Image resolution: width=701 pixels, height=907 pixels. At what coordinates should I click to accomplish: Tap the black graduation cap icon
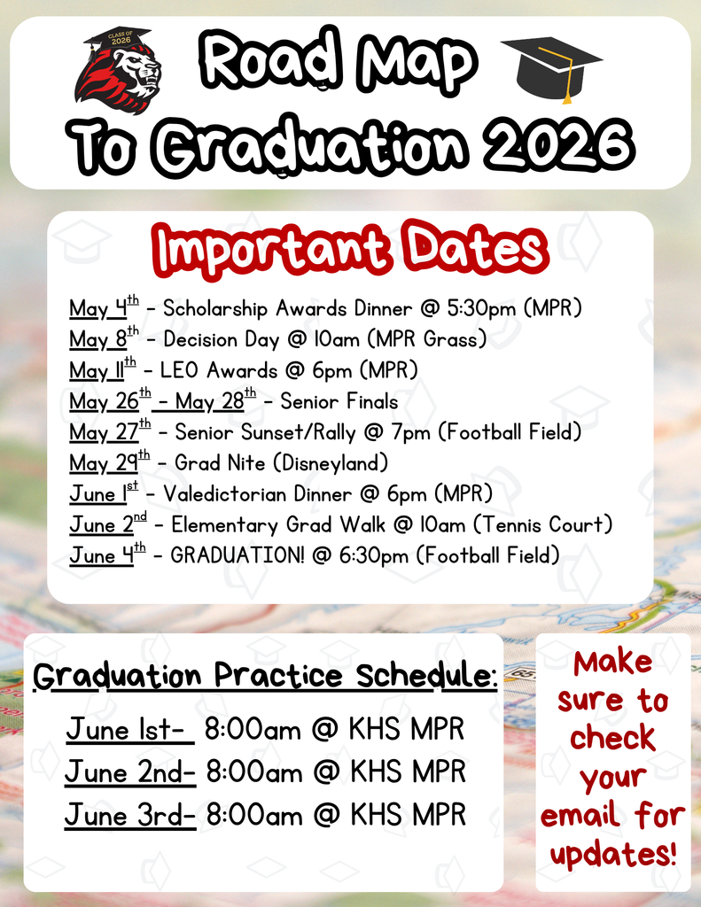550,66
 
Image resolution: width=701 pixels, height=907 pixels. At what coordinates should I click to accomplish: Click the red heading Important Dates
350,249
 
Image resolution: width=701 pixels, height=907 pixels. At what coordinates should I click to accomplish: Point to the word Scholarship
216,309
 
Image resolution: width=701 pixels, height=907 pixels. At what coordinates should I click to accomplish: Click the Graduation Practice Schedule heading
265,677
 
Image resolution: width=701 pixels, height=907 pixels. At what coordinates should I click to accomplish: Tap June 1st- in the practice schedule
129,732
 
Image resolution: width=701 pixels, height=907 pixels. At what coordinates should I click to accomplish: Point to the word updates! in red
612,854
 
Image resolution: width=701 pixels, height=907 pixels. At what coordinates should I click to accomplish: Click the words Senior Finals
339,401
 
